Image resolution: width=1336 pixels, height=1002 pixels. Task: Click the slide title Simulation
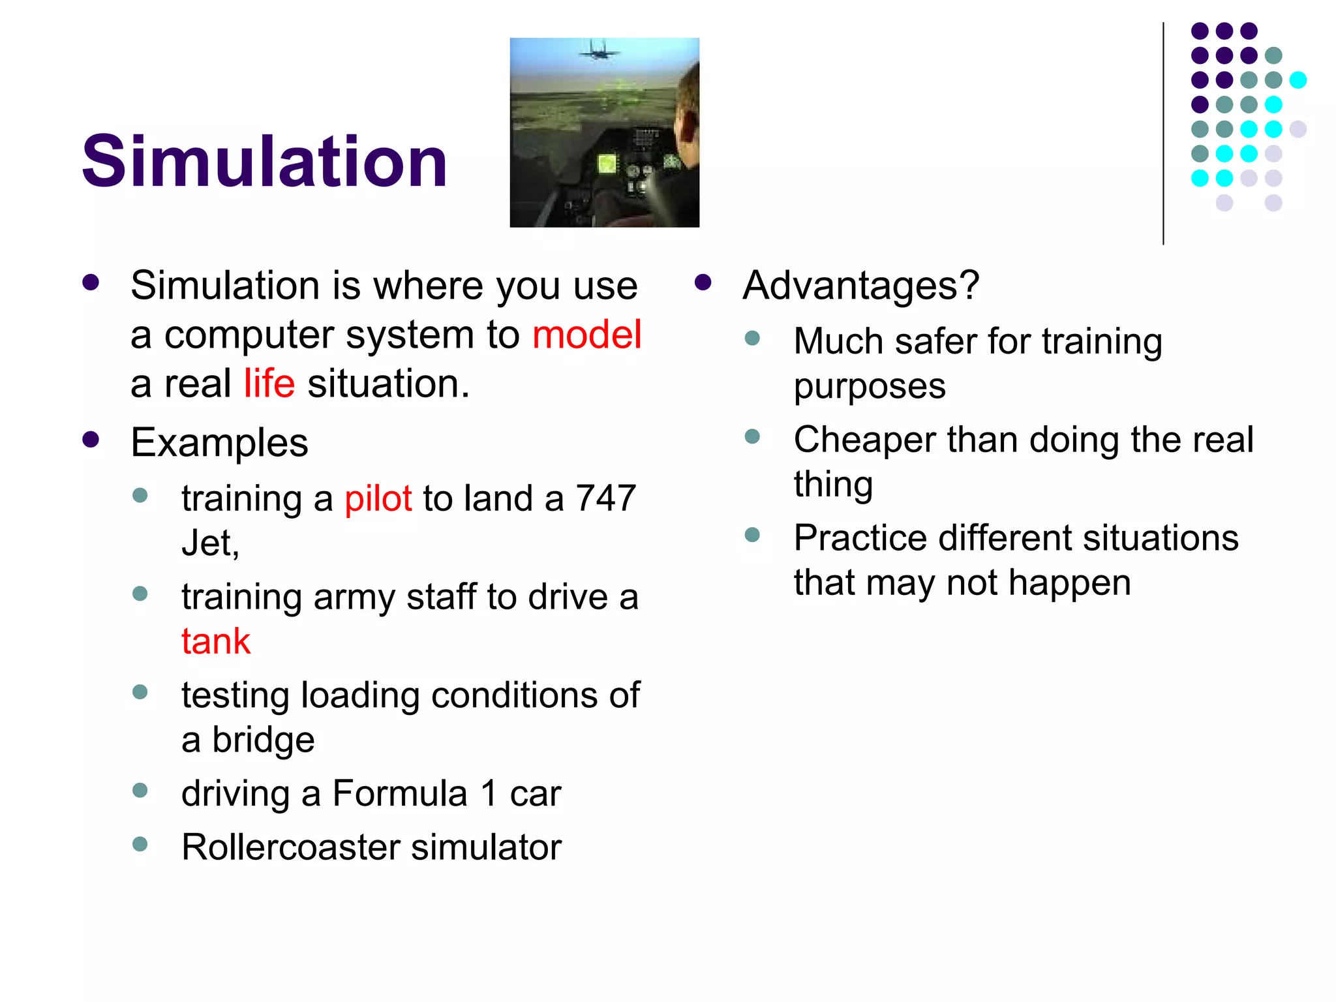[x=264, y=161]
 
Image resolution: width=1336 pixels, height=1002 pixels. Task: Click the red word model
[x=586, y=335]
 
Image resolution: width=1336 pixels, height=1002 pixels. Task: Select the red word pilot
[x=378, y=499]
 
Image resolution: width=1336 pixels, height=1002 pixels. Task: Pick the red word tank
[x=216, y=641]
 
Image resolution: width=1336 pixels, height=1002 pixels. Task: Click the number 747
[x=605, y=498]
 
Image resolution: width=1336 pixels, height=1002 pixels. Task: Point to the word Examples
[x=219, y=443]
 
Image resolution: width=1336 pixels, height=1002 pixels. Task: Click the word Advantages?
[x=861, y=286]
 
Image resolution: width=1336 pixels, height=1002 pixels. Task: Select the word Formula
[x=400, y=794]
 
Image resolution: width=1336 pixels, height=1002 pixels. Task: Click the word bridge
[x=263, y=740]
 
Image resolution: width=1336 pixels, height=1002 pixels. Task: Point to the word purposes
[x=870, y=387]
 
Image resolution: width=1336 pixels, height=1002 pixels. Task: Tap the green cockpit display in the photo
[x=607, y=163]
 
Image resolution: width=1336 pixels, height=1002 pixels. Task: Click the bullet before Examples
[x=91, y=440]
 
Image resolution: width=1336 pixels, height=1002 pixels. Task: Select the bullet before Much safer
[x=752, y=338]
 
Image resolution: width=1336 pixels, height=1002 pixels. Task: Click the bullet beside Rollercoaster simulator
[x=140, y=844]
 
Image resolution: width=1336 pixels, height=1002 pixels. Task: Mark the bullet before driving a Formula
[x=140, y=791]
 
